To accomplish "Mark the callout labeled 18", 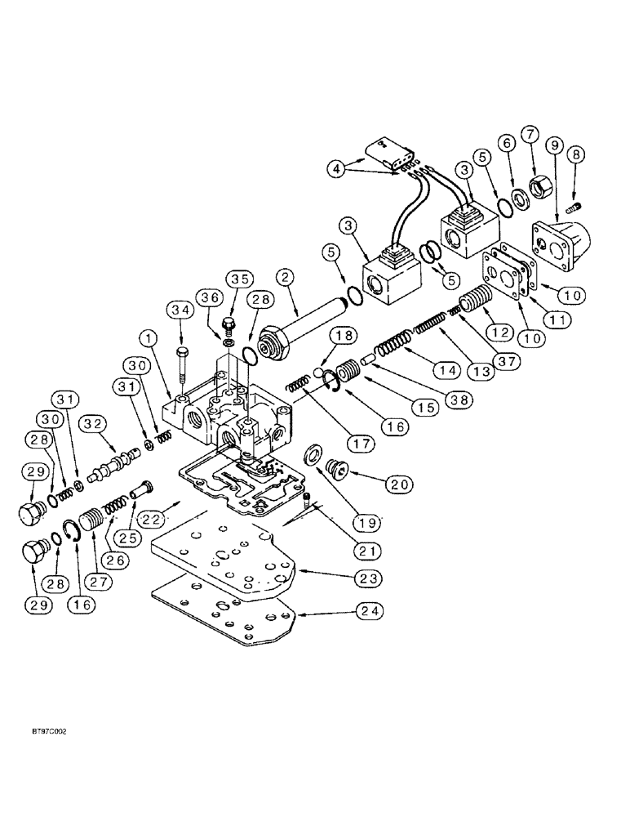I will click(x=343, y=336).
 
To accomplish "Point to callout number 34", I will click(x=180, y=310).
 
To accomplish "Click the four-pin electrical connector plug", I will click(x=383, y=154).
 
